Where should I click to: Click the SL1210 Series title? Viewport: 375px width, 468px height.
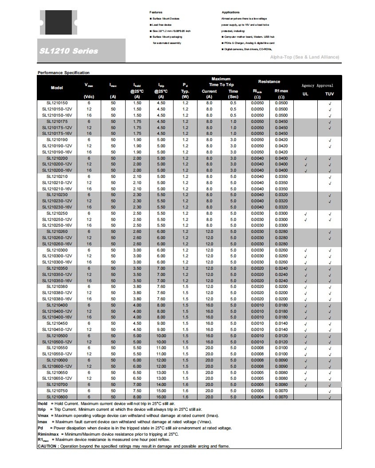tap(68, 51)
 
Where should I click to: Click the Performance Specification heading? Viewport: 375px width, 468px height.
tap(63, 72)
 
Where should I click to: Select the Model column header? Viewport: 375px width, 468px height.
tap(57, 87)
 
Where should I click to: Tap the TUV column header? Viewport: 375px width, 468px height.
tap(329, 94)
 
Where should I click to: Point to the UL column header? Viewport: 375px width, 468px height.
tap(305, 94)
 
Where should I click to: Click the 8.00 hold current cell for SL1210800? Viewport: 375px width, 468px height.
tap(137, 397)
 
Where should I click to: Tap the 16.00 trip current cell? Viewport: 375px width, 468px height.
tap(161, 397)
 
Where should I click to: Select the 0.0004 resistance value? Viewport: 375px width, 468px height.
tap(257, 397)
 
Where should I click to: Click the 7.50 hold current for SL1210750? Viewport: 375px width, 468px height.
tap(137, 390)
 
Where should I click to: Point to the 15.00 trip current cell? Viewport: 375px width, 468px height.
tap(161, 390)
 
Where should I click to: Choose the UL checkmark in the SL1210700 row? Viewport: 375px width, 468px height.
tap(306, 385)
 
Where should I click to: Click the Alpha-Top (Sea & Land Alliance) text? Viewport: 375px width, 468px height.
tap(304, 57)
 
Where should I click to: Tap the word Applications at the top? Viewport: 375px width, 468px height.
tap(230, 12)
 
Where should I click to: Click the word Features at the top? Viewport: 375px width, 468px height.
tap(156, 12)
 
